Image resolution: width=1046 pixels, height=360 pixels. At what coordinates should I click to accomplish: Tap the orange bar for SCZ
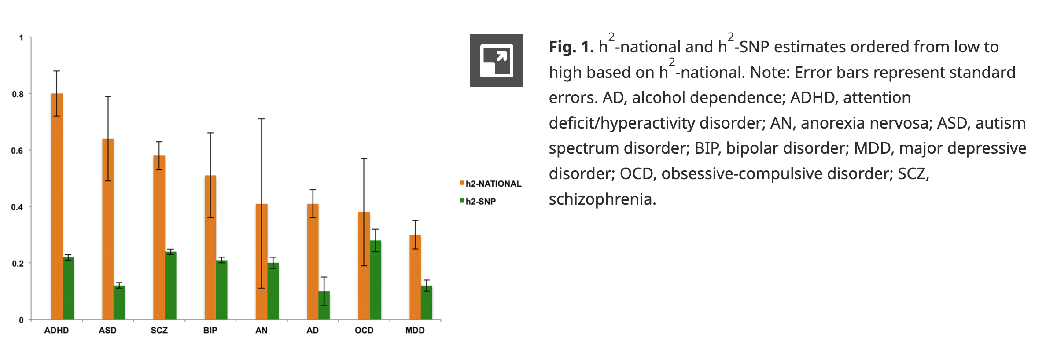pos(159,237)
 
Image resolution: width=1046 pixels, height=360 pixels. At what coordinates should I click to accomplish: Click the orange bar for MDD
pos(415,277)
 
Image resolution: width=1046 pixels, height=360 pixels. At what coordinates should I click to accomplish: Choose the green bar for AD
pos(324,305)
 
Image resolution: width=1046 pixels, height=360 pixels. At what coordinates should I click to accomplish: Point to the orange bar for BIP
pos(210,247)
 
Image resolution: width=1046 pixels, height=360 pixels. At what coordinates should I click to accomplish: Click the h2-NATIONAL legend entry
pos(490,184)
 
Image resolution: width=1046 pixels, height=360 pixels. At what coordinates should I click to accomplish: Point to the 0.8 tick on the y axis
pos(18,94)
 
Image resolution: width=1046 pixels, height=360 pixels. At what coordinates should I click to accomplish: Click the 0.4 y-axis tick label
pos(17,207)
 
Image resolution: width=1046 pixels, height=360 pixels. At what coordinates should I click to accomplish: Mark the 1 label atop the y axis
pos(21,38)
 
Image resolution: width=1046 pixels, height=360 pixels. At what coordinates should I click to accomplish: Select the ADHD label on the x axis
pos(56,331)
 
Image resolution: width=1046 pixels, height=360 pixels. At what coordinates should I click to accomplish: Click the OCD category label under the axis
pos(364,331)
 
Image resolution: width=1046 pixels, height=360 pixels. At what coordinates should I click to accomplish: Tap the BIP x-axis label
pos(210,331)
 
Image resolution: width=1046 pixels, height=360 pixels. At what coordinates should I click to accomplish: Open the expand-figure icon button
pos(496,60)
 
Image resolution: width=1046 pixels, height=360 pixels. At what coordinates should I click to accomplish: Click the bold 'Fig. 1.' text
pos(571,47)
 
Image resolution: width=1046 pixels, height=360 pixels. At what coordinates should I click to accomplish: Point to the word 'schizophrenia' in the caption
pos(602,199)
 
